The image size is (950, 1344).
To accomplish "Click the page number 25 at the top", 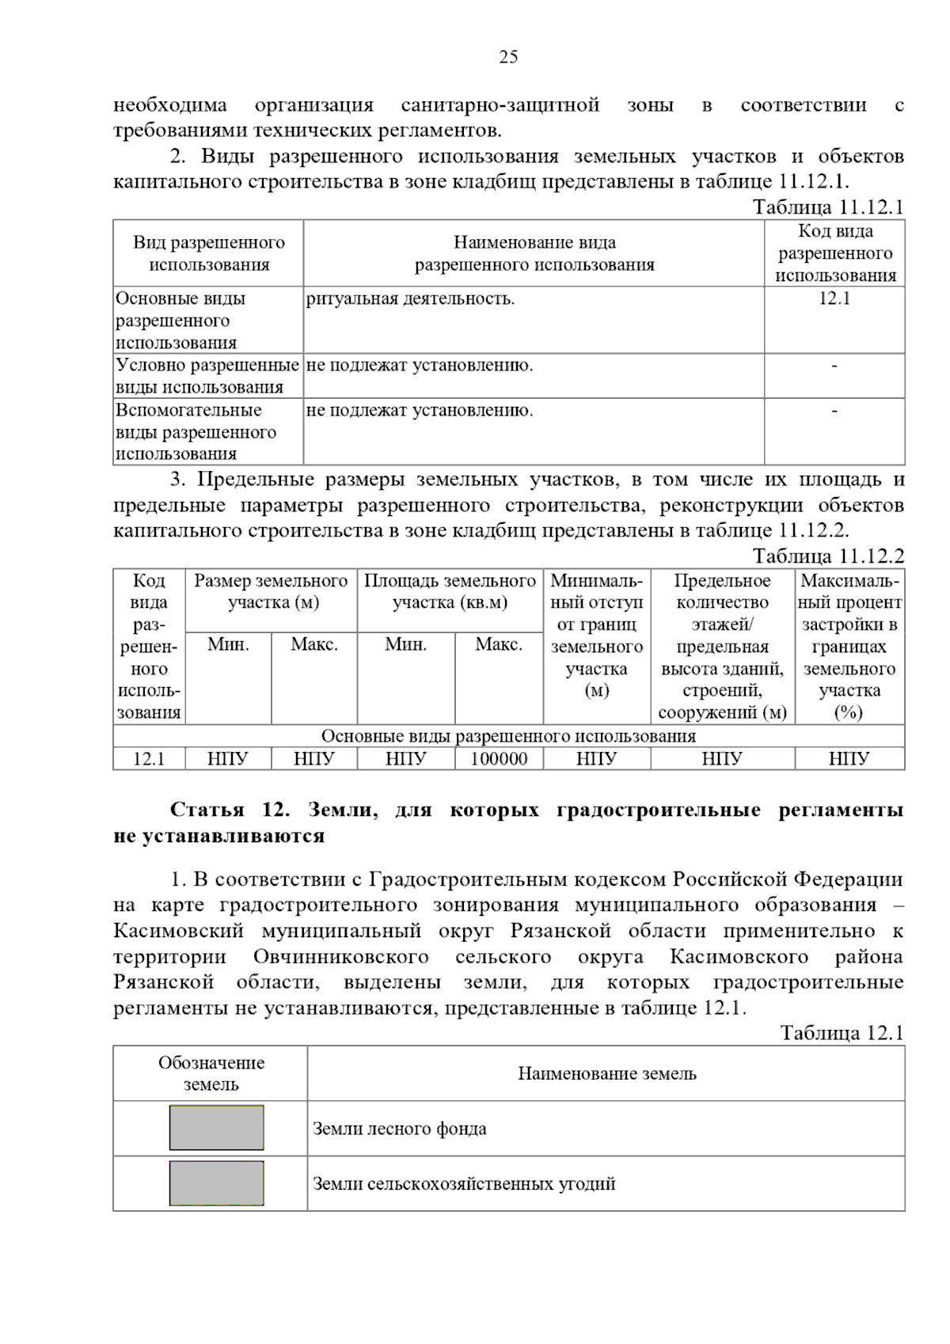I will (x=508, y=57).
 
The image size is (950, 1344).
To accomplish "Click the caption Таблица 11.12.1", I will (x=827, y=207).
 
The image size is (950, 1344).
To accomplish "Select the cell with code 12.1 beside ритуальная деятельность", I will (x=834, y=298).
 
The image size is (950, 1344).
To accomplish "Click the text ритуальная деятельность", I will (x=410, y=299).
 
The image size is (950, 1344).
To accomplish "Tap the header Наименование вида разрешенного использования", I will (x=534, y=253).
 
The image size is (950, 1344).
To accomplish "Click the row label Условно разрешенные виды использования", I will (x=207, y=376).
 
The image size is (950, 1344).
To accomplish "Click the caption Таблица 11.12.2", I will (x=827, y=556).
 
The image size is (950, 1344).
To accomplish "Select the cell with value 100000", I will (x=499, y=759).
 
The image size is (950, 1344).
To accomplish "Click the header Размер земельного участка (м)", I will (x=271, y=591).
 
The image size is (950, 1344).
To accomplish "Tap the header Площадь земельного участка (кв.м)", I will (x=450, y=591).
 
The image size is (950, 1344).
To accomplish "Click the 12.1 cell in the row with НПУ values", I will (x=149, y=759).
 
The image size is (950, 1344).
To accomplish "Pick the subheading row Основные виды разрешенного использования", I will (x=508, y=736).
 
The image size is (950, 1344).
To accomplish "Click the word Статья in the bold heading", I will (x=207, y=811).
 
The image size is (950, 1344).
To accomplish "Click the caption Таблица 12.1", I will (x=841, y=1033).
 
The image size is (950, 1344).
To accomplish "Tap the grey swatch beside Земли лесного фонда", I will (x=216, y=1128).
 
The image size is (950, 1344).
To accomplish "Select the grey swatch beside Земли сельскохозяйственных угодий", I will (x=216, y=1183).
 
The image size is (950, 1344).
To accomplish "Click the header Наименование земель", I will (x=606, y=1074).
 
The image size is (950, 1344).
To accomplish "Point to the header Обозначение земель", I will (x=211, y=1073).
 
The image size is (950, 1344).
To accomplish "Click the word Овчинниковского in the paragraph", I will (x=340, y=957).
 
